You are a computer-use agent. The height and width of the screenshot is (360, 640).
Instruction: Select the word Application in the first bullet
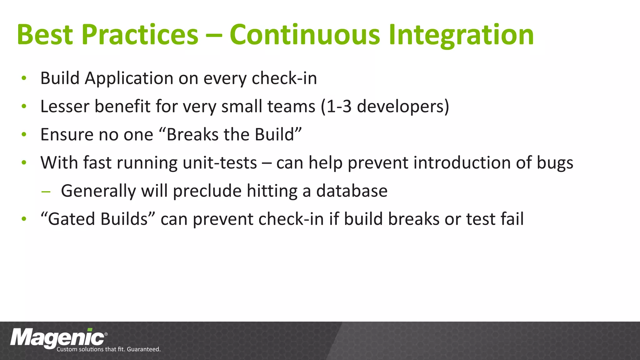click(129, 78)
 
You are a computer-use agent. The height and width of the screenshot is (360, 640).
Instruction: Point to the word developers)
click(403, 107)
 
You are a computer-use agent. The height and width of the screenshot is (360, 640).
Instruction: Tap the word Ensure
click(67, 134)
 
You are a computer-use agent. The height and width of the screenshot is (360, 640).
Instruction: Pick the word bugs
click(555, 163)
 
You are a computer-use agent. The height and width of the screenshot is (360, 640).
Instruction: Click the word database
click(352, 191)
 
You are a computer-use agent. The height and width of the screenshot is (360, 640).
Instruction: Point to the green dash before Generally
click(46, 192)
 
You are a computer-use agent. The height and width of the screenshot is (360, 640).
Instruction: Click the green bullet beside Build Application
click(24, 78)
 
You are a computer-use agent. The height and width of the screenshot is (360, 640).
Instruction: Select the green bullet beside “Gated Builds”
click(24, 219)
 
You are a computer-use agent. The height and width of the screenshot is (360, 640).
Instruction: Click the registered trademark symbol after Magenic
click(106, 334)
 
